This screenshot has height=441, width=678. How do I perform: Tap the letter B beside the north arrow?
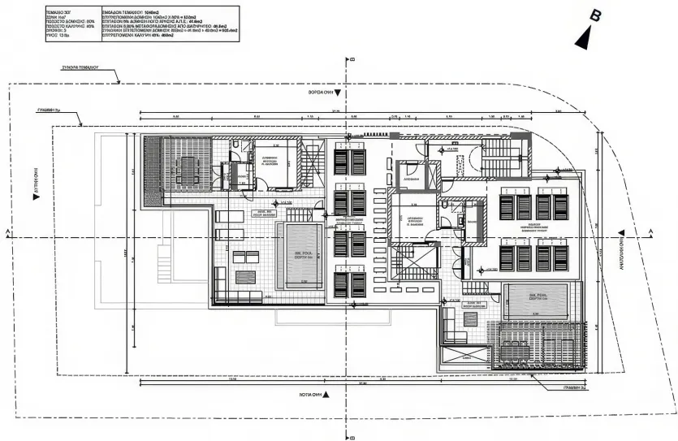(x=596, y=15)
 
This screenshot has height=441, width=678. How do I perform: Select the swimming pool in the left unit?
(x=304, y=255)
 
